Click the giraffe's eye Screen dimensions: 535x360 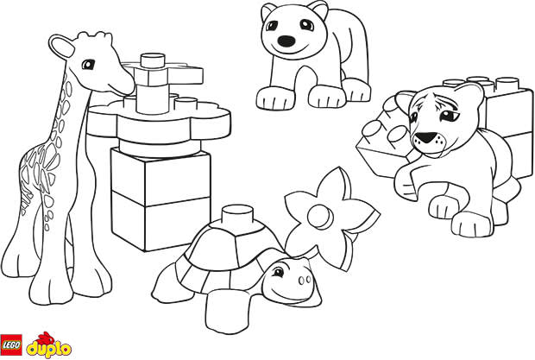click(88, 64)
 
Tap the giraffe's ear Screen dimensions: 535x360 click(62, 46)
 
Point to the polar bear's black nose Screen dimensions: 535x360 click(286, 41)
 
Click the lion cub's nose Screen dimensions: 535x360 click(424, 137)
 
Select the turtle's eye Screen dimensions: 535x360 click(278, 272)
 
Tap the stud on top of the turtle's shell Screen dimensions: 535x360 click(237, 214)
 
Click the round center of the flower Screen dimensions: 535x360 click(320, 217)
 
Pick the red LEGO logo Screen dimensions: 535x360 click(11, 344)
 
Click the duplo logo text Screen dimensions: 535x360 click(49, 349)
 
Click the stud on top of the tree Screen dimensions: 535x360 click(153, 60)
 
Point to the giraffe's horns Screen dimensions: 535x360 click(95, 36)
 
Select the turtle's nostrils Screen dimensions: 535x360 click(305, 281)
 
